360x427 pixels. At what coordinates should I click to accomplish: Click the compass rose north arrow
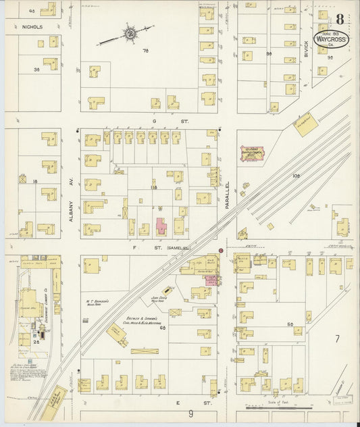click(x=129, y=32)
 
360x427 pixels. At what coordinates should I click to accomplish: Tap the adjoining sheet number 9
click(x=190, y=413)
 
